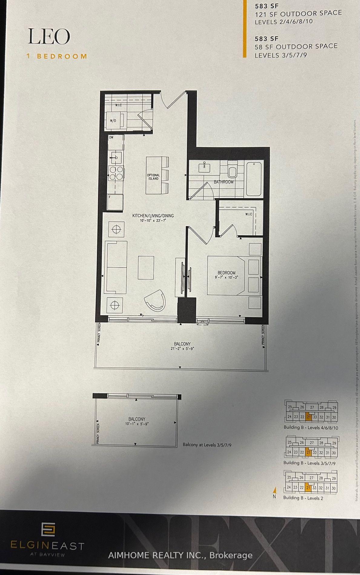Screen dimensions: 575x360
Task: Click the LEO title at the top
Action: [49, 37]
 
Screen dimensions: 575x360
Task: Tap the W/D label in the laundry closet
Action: [113, 120]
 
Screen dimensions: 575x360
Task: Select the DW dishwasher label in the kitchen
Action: [111, 137]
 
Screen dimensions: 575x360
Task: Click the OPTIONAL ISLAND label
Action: [154, 177]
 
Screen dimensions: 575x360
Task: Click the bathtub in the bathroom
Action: [254, 179]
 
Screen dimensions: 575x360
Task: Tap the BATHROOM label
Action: [223, 182]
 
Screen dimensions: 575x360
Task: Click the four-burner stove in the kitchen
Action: [116, 173]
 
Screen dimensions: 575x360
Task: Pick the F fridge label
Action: [110, 197]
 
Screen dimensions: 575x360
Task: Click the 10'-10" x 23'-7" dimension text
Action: [153, 220]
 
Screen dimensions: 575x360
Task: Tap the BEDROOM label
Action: [226, 273]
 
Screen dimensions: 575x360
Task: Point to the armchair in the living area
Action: [156, 300]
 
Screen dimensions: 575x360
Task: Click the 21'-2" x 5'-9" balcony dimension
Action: [182, 348]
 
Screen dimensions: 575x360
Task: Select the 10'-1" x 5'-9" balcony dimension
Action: [137, 424]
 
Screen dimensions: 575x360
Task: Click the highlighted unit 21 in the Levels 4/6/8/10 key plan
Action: [309, 417]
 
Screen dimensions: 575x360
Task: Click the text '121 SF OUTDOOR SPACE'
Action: [298, 13]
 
